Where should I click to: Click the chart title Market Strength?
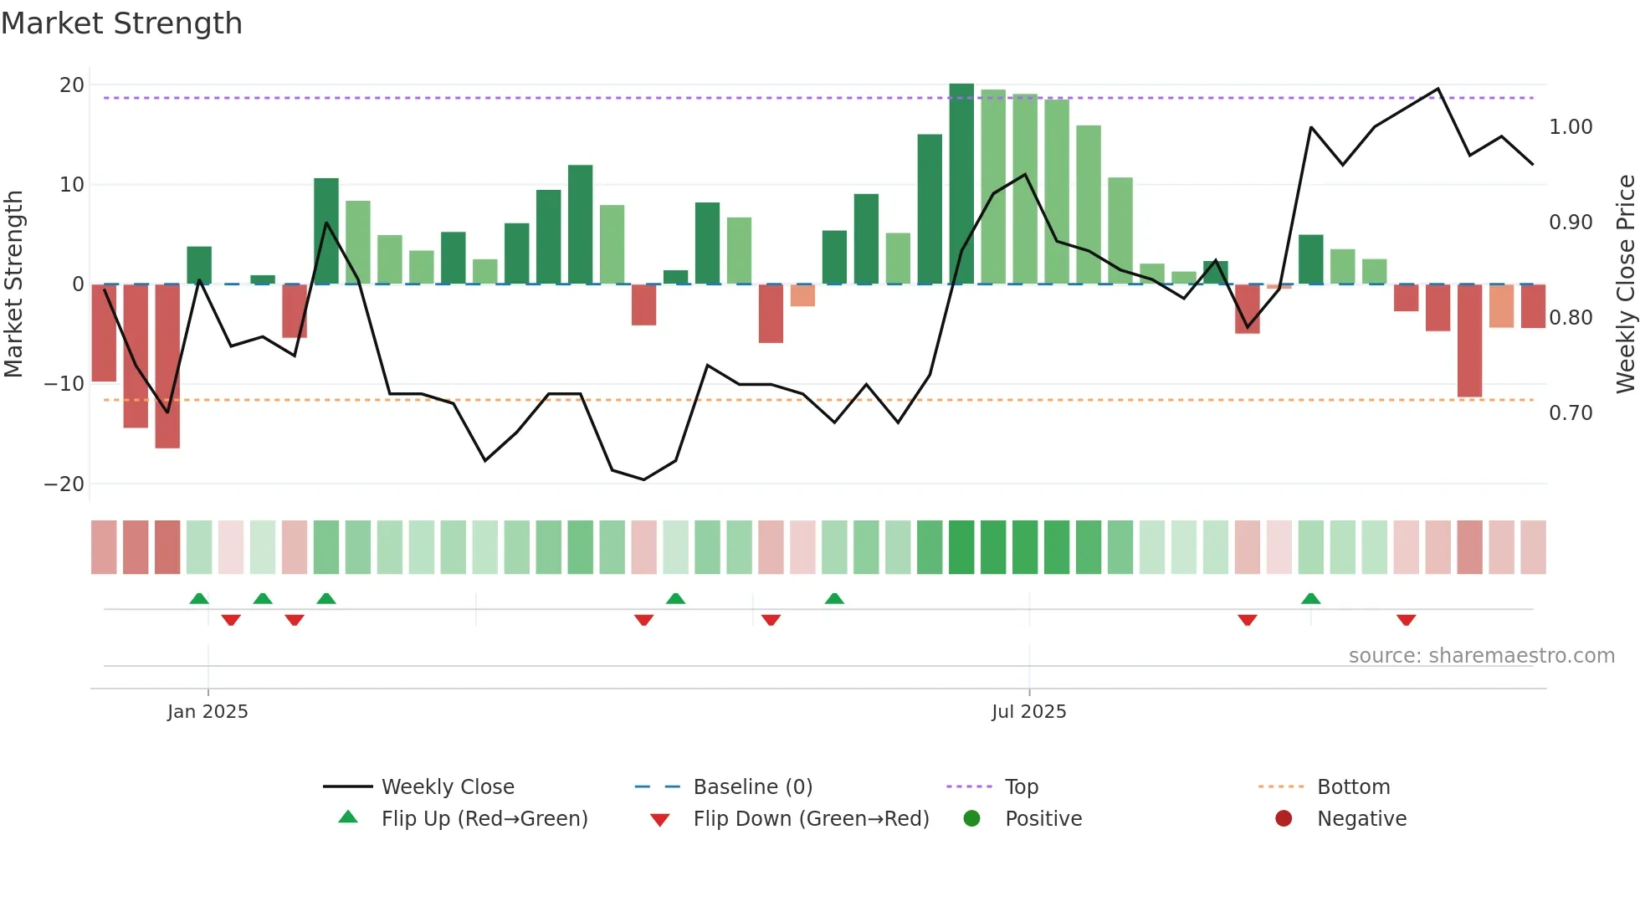coord(122,23)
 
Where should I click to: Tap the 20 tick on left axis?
coord(72,85)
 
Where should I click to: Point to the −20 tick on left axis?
coord(64,484)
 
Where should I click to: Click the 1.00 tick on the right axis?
coord(1571,127)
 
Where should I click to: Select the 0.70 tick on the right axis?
coord(1571,413)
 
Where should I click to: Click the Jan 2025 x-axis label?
coord(208,711)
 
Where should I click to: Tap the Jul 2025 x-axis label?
coord(1028,711)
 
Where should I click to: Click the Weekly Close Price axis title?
coord(1625,284)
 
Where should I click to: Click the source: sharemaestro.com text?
coord(1481,656)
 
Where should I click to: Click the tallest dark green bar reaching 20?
coord(961,184)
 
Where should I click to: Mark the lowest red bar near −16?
coord(167,368)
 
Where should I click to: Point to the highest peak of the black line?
coord(1438,89)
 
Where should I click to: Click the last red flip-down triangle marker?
coord(1406,620)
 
